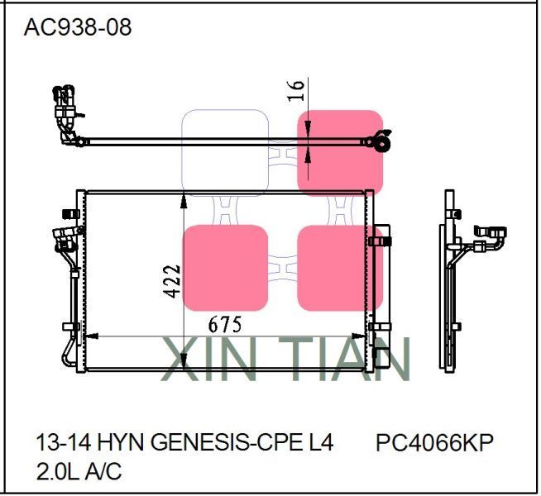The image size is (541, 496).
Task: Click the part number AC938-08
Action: [x=77, y=27]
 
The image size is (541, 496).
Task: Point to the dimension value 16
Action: [x=298, y=90]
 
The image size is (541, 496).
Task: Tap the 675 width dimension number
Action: [x=225, y=324]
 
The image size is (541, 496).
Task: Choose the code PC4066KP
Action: [x=434, y=444]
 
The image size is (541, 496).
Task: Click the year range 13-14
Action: [x=57, y=444]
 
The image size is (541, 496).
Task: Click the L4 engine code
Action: [x=319, y=444]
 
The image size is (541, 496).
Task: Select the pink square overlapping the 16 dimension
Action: [x=340, y=152]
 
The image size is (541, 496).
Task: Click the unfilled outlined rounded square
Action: [x=225, y=152]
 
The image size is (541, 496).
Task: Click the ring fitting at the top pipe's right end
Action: [x=381, y=141]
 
